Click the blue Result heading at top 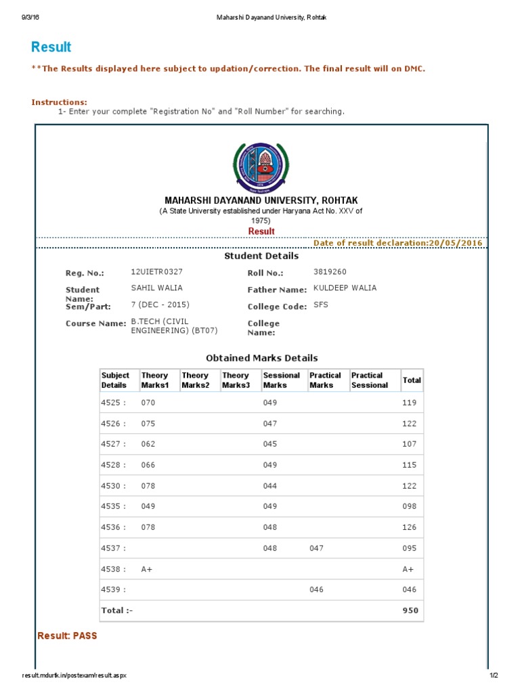pos(51,47)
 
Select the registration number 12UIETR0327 pos(156,271)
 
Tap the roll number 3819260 pos(330,271)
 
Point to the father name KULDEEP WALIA pos(345,288)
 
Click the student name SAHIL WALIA pos(156,288)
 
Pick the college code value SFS pos(320,305)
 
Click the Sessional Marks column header pos(282,380)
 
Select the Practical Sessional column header pos(370,380)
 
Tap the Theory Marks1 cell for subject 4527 pos(148,444)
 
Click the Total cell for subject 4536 pos(410,527)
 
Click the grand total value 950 pos(410,610)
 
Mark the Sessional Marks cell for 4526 pos(270,424)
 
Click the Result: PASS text pos(68,636)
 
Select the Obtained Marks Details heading pos(261,358)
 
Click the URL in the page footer pos(74,675)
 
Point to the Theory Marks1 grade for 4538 pos(147,569)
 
